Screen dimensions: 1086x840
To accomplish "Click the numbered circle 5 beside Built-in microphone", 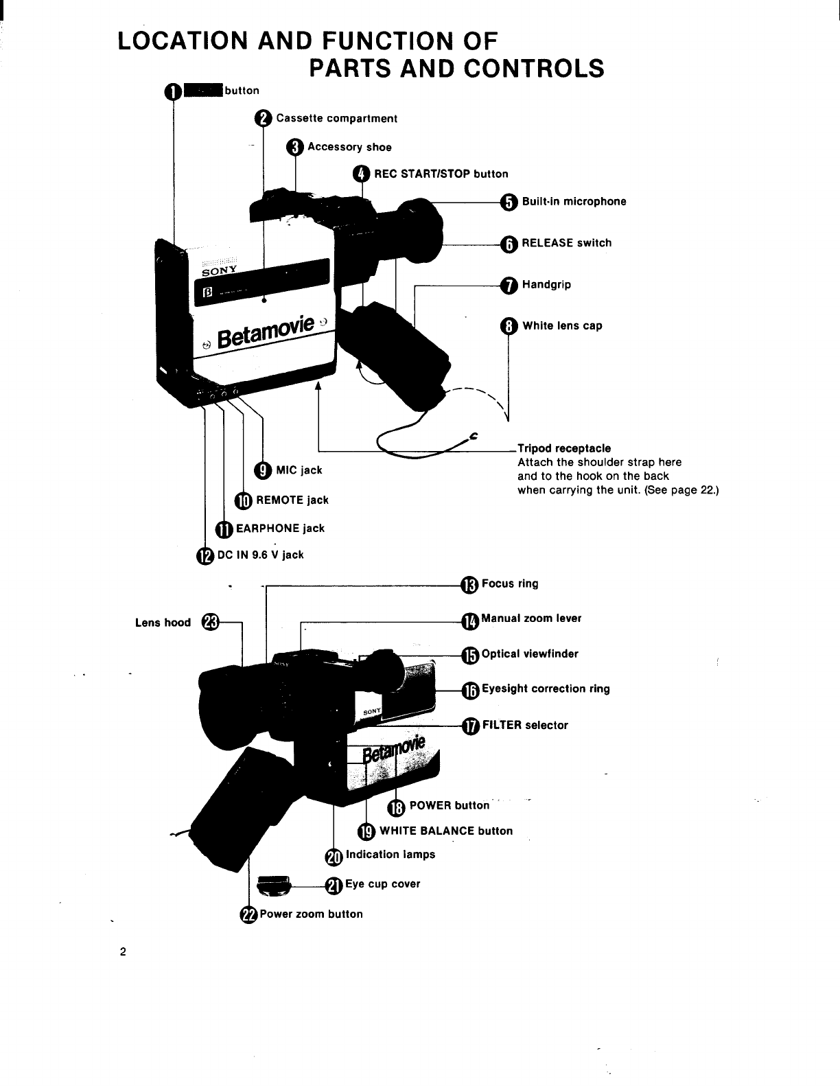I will point(508,202).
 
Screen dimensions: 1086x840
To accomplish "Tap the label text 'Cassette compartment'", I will point(336,119).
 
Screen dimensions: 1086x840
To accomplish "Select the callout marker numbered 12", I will point(205,555).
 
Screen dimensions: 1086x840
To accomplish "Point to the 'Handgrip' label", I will point(546,284).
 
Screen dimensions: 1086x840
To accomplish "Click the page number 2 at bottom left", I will point(123,952).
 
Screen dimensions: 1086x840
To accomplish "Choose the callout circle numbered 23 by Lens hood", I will point(210,623).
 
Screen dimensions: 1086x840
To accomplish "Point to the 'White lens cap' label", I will point(562,326).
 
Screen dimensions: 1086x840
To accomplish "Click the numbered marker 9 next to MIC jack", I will point(263,470).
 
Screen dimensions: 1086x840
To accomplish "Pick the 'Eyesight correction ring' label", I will point(546,689).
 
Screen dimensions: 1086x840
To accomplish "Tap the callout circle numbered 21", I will point(333,886).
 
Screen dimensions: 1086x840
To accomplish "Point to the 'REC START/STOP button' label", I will point(441,174).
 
